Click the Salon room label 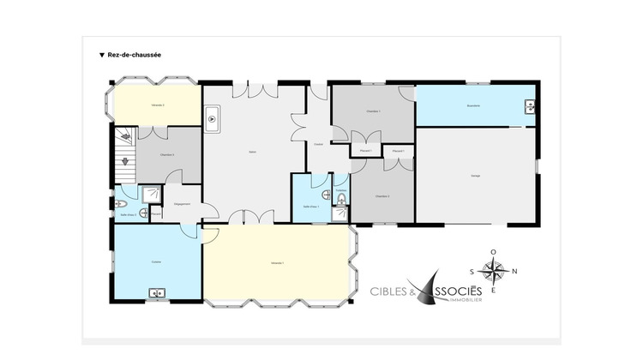253,152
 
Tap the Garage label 475,175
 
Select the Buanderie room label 472,105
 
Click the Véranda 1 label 277,261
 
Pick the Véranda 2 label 157,105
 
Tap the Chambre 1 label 372,111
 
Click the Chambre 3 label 168,155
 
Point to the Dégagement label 182,204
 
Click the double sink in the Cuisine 158,293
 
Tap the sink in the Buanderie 531,107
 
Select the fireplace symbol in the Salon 212,121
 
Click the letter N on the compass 514,272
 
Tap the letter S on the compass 473,272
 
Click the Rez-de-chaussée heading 134,54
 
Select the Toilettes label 340,189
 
